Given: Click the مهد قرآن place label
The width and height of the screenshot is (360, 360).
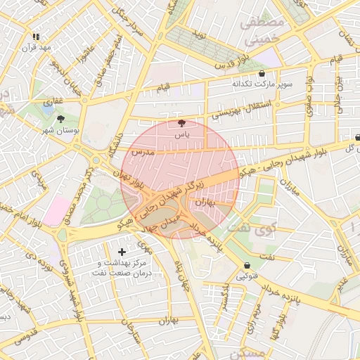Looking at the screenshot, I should click(37, 47).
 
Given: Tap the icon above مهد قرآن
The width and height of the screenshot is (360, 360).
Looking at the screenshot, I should click(37, 36).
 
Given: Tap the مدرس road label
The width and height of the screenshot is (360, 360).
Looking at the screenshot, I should click(142, 152).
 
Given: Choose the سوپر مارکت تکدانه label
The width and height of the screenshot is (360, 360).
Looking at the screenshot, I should click(262, 84).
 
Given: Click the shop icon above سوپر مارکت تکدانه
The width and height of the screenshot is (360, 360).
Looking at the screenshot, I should click(262, 73).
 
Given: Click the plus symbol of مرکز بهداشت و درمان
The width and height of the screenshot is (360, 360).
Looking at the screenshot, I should click(122, 251).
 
